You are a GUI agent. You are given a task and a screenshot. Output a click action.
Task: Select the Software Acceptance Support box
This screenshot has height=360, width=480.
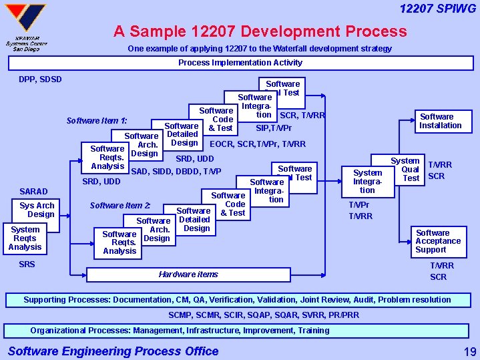pyautogui.click(x=437, y=241)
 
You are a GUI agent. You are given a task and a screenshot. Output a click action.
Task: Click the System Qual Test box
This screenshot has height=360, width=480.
pyautogui.click(x=406, y=170)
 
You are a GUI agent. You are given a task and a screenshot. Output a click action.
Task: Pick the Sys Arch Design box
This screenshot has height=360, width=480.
pyautogui.click(x=37, y=210)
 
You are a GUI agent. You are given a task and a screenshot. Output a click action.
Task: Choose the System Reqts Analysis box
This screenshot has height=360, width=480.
pyautogui.click(x=25, y=238)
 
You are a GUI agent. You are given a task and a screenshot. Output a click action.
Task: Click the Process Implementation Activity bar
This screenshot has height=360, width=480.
pyautogui.click(x=240, y=63)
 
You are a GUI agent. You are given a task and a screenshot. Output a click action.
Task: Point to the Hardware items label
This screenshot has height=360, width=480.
pyautogui.click(x=188, y=274)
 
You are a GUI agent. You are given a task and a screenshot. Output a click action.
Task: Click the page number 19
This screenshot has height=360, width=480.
pyautogui.click(x=469, y=351)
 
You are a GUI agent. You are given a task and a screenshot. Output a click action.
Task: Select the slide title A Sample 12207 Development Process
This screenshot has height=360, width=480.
pyautogui.click(x=260, y=31)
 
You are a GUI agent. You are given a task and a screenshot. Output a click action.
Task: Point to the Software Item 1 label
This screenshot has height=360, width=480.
pyautogui.click(x=97, y=121)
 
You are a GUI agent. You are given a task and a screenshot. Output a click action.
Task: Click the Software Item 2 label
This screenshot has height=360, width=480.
pyautogui.click(x=120, y=205)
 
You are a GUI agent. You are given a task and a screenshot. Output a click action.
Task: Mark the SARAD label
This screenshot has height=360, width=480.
pyautogui.click(x=33, y=192)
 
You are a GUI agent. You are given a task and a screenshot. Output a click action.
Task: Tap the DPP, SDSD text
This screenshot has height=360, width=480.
pyautogui.click(x=40, y=79)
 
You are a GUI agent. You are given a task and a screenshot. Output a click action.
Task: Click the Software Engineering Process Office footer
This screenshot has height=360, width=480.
pyautogui.click(x=113, y=351)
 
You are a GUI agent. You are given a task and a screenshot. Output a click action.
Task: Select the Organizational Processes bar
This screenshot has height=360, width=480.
pyautogui.click(x=240, y=331)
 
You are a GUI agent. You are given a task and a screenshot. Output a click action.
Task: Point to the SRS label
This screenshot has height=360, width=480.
pyautogui.click(x=27, y=264)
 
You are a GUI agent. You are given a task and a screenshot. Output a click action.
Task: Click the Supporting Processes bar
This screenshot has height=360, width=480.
pyautogui.click(x=240, y=300)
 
